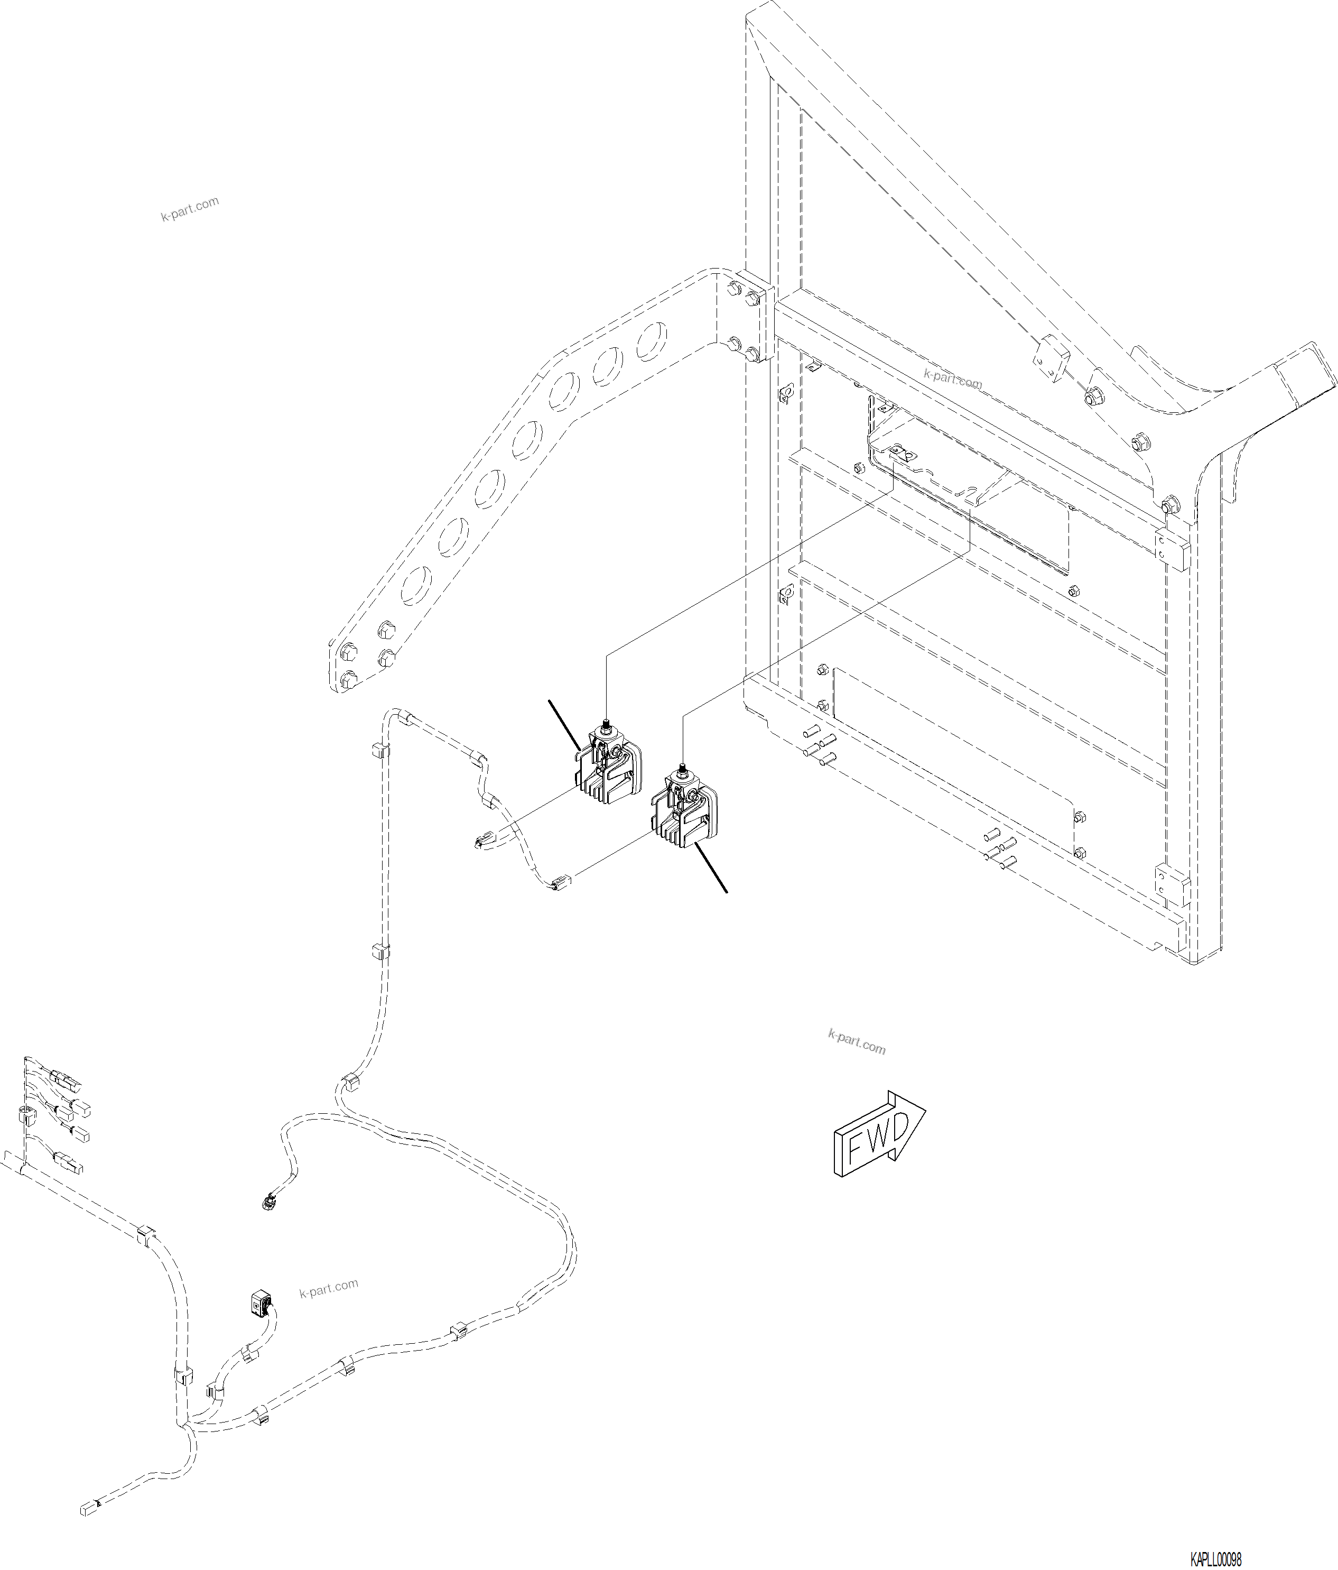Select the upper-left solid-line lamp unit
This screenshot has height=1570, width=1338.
pos(606,767)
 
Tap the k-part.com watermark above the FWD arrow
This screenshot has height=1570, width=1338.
pos(856,1042)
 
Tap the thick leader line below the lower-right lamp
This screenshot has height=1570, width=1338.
pos(712,870)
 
